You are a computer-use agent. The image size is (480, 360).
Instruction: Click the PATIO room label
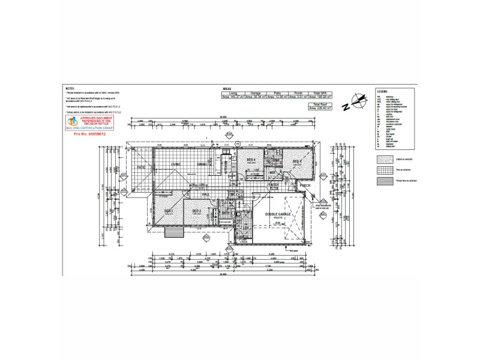(142, 167)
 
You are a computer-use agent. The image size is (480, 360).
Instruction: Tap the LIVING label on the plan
(176, 164)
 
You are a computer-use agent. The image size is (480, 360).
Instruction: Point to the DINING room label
(202, 164)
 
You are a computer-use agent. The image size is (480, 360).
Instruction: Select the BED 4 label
(251, 160)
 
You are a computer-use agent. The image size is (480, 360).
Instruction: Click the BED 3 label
(169, 211)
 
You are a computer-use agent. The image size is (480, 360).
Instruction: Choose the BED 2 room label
(196, 211)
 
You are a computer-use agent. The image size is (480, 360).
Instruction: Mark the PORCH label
(305, 186)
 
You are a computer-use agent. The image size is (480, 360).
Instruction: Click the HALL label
(205, 194)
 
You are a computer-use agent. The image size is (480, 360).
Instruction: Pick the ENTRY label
(273, 185)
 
